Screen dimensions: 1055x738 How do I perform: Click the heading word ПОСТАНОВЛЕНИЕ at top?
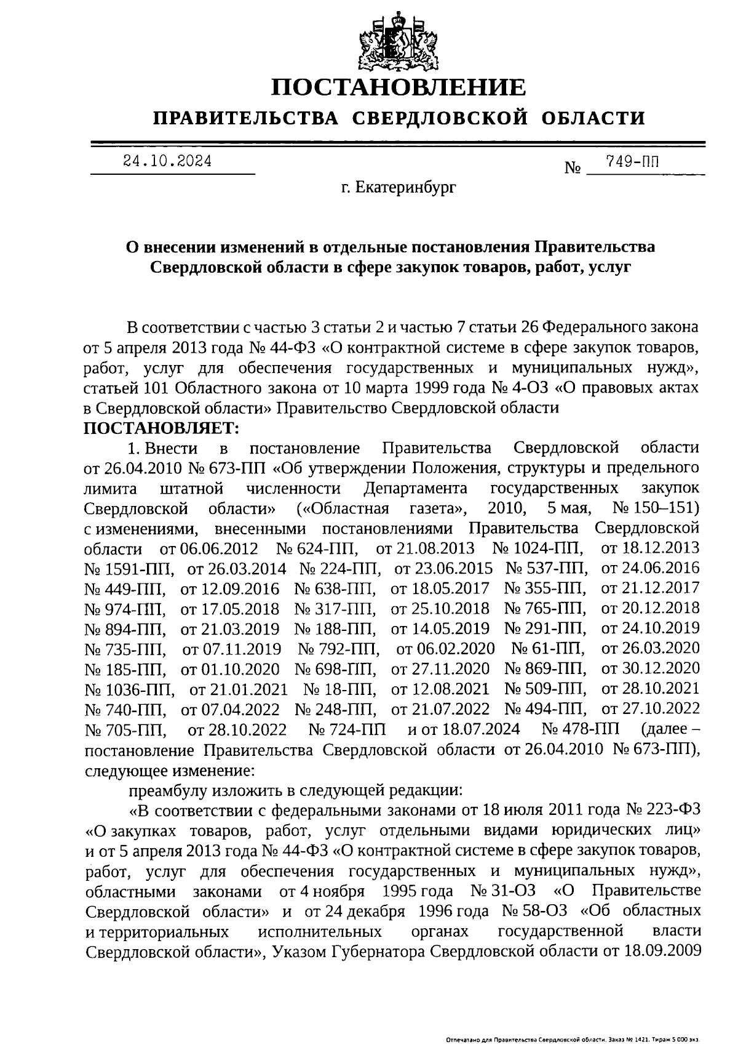(399, 88)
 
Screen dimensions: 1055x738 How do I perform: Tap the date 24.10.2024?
(167, 161)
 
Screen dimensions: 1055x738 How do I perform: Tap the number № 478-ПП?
(581, 730)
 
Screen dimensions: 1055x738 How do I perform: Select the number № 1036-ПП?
(129, 689)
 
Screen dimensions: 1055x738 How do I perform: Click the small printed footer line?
(573, 1040)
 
